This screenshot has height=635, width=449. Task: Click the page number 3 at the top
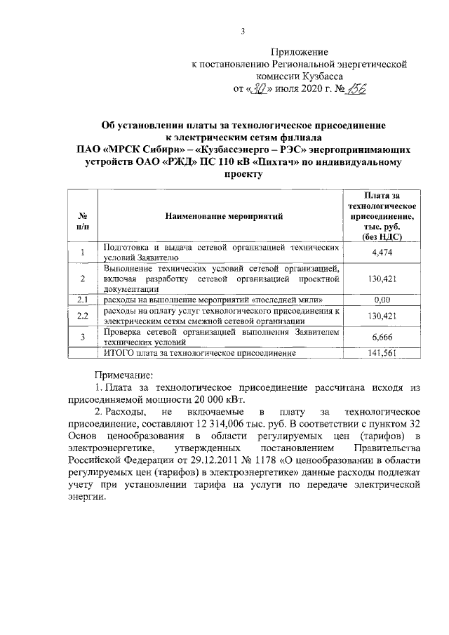pos(242,32)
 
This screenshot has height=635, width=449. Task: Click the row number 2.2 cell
pos(82,316)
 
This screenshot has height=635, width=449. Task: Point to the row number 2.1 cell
pos(82,300)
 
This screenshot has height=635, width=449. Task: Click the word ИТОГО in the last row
pos(120,353)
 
